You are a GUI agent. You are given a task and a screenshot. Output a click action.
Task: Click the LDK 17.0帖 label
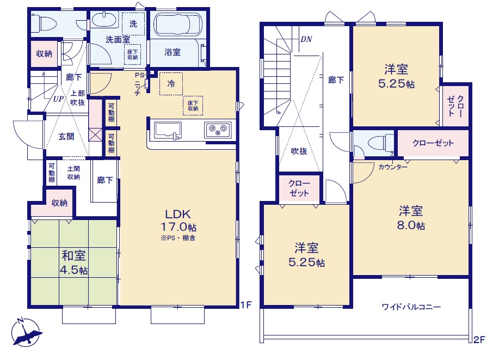(x=178, y=220)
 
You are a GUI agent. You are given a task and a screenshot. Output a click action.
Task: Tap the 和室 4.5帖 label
(x=74, y=263)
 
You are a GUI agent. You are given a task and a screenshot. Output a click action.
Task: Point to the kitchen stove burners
(x=218, y=130)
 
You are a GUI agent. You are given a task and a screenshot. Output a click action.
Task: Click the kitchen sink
(x=168, y=131)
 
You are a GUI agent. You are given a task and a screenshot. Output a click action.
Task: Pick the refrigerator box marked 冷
(x=171, y=84)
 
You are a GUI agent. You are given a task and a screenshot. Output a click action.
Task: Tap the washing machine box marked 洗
(x=133, y=24)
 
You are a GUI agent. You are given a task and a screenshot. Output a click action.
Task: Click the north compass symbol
(x=26, y=333)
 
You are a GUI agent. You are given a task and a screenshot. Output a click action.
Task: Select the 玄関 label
(x=66, y=137)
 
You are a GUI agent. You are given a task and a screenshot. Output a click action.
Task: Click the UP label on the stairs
(x=58, y=99)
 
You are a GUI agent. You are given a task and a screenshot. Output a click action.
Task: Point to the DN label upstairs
(x=306, y=39)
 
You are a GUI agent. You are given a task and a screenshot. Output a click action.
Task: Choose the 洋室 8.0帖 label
(x=411, y=217)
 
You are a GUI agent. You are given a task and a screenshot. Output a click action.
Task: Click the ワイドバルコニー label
(x=411, y=307)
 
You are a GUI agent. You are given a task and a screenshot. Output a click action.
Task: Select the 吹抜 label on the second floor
(x=299, y=151)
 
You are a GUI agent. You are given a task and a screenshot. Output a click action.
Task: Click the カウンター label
(x=393, y=167)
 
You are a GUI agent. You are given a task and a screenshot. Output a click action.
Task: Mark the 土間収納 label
(x=73, y=173)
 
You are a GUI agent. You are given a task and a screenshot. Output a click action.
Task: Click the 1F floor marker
(x=246, y=304)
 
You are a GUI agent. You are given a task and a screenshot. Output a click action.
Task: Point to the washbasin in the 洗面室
(x=103, y=20)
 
